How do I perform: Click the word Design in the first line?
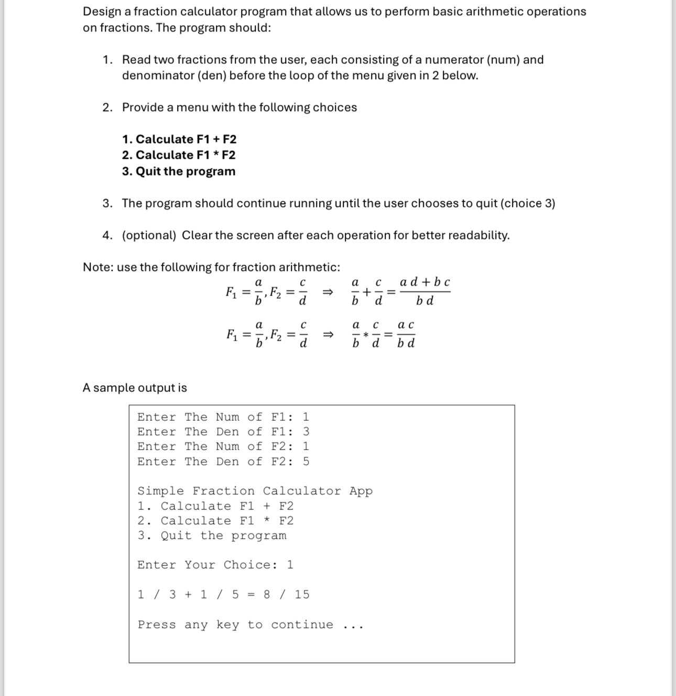click(x=102, y=12)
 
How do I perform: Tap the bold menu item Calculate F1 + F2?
click(x=179, y=139)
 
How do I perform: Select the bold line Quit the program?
click(x=179, y=171)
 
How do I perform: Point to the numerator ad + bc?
click(x=424, y=282)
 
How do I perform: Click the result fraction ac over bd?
click(x=406, y=334)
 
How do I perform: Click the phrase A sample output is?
click(x=135, y=388)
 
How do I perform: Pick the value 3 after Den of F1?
click(x=306, y=432)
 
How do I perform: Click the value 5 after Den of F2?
click(x=306, y=462)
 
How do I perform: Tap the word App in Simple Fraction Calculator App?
click(x=361, y=491)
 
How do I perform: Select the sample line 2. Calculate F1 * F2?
click(x=215, y=521)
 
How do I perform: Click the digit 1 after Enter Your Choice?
click(x=290, y=565)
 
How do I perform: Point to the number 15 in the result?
click(x=302, y=594)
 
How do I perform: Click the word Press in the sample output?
click(x=157, y=625)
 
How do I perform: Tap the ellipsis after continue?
click(x=353, y=626)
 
